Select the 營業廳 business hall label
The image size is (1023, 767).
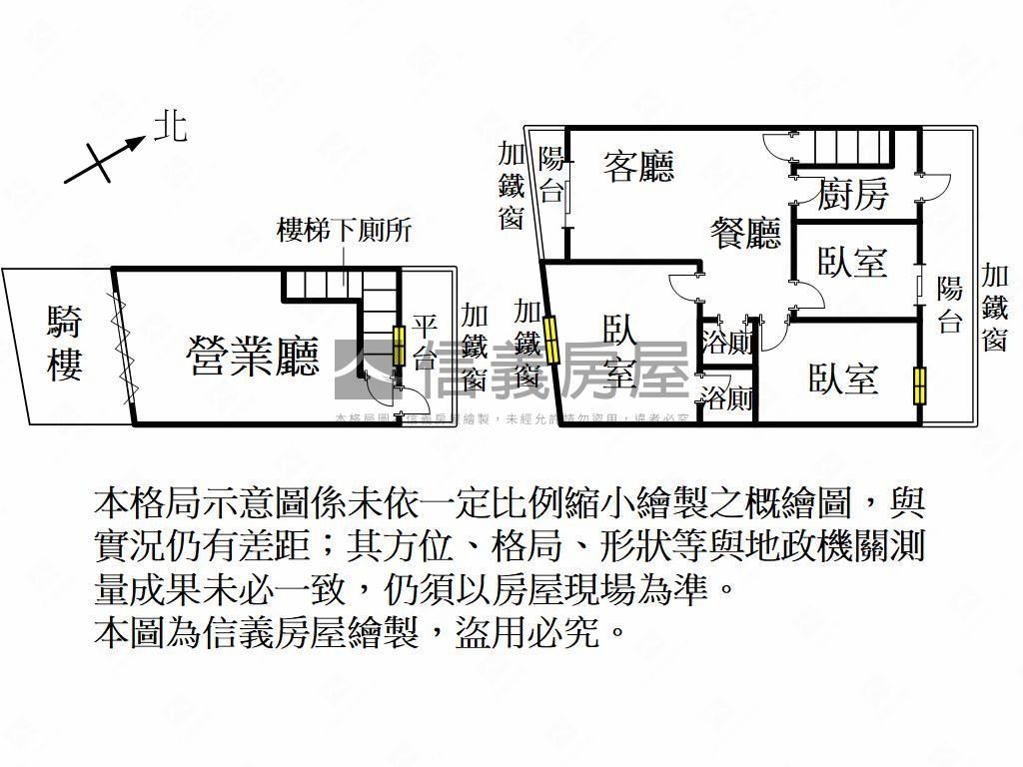click(x=254, y=356)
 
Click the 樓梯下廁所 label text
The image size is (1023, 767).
click(x=344, y=231)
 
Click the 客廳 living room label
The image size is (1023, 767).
click(x=638, y=166)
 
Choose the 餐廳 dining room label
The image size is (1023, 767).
click(x=745, y=234)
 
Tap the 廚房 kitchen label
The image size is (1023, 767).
click(x=852, y=194)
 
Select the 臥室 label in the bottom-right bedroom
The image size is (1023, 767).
click(x=844, y=380)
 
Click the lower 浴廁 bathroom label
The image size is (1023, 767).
click(x=726, y=399)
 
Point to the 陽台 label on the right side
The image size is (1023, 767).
click(x=949, y=306)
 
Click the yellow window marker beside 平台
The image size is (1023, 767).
click(x=399, y=346)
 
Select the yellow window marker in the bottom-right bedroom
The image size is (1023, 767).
click(x=920, y=385)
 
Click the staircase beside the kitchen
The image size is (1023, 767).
click(x=849, y=147)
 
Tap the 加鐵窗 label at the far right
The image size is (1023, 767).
click(x=994, y=308)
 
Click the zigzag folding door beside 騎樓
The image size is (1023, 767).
click(x=124, y=345)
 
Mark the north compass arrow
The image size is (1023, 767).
click(x=103, y=160)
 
